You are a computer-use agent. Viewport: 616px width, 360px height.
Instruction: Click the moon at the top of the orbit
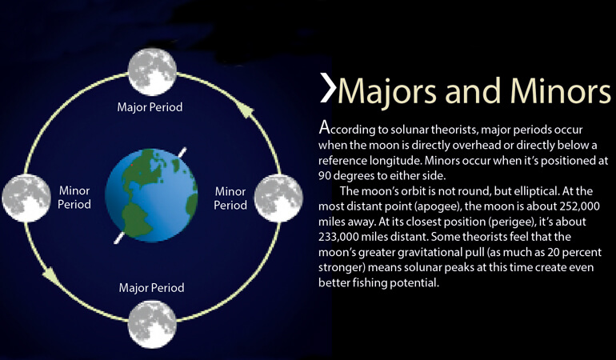click(152, 71)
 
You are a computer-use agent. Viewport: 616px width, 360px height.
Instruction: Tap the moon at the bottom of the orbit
click(152, 324)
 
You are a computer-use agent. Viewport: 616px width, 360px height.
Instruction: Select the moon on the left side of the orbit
click(26, 198)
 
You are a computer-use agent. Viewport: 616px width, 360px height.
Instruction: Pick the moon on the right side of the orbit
click(278, 198)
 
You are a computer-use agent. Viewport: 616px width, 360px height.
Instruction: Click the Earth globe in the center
click(152, 195)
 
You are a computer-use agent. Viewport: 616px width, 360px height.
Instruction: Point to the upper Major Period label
click(150, 107)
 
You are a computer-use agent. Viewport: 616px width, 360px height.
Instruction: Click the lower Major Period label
click(151, 287)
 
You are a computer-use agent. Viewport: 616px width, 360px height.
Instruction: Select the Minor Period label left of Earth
click(74, 198)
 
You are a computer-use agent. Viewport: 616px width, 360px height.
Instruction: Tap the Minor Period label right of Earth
click(230, 198)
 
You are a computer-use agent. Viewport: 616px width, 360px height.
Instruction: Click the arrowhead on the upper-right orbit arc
click(246, 111)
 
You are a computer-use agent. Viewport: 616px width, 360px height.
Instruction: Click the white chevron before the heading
click(328, 87)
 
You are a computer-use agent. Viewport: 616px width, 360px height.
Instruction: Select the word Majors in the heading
click(387, 92)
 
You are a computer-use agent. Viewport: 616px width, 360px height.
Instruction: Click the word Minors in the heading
click(561, 90)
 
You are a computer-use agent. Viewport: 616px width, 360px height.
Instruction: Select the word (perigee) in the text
click(511, 222)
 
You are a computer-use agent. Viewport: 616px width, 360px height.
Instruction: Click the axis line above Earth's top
click(182, 152)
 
